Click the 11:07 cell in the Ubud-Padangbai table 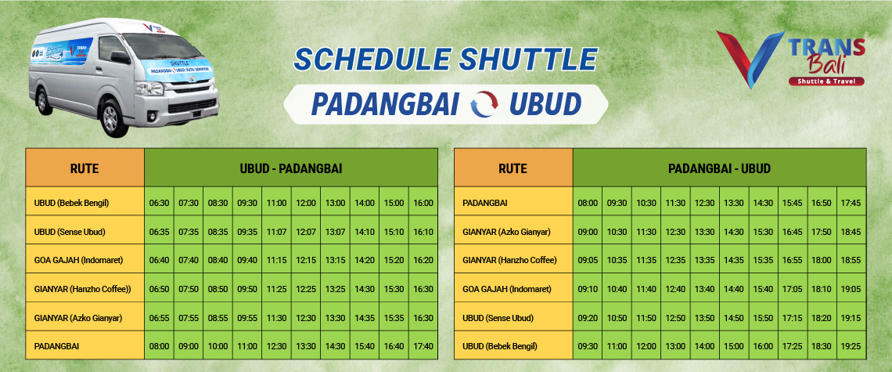coord(276,232)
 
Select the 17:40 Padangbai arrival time coord(423,346)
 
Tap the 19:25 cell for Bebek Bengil coord(851,346)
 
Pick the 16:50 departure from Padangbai coord(822,202)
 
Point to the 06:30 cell coord(160,202)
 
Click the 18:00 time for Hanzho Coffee coord(822,260)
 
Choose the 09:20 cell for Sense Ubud coord(588,317)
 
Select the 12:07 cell coord(306,232)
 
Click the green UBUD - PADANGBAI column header coord(291,168)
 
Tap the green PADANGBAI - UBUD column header coord(720,168)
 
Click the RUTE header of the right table coord(513,168)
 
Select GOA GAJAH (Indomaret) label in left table coord(78,260)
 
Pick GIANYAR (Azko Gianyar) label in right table coord(507,232)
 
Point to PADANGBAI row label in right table coord(484,202)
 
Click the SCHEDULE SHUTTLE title coord(445,60)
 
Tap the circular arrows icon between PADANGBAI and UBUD coord(484,103)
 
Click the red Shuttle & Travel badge coord(826,81)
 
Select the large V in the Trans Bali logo coord(750,59)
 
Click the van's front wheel coord(111,118)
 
